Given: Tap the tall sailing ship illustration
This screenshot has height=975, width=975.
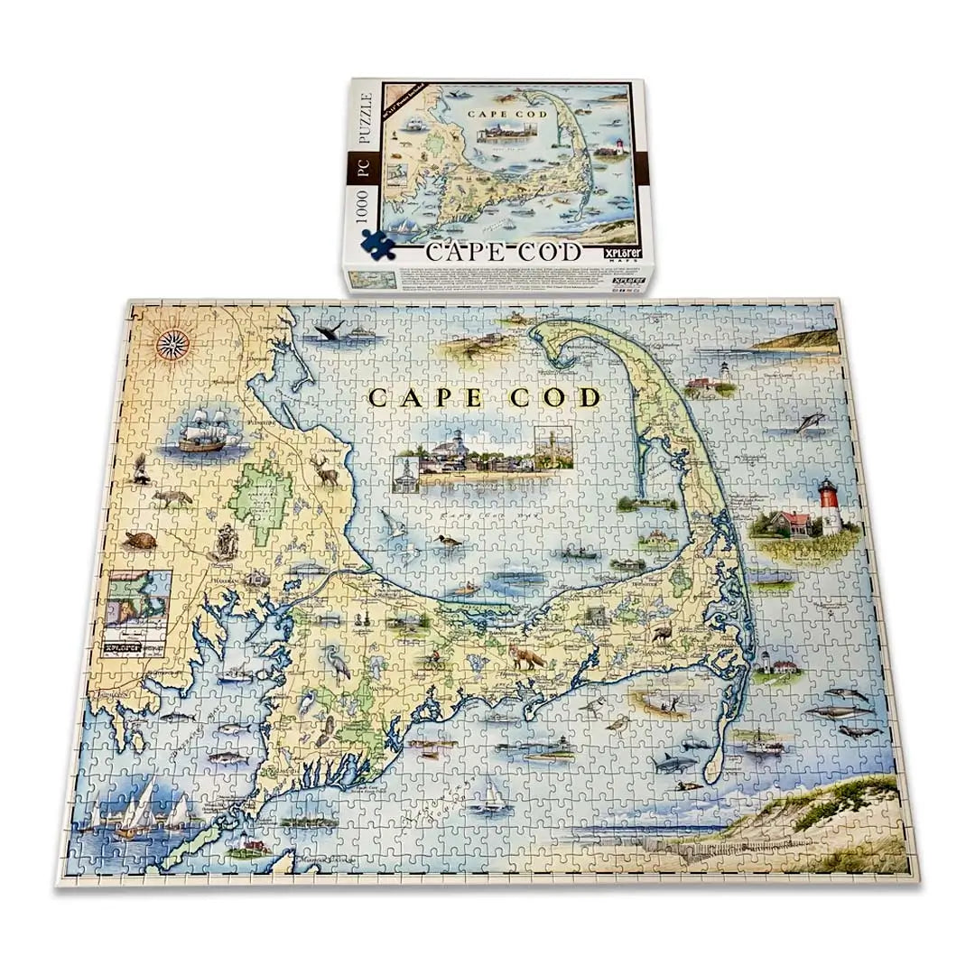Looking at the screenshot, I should tap(207, 431).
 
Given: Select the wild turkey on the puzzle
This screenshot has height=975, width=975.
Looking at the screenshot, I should tap(663, 634).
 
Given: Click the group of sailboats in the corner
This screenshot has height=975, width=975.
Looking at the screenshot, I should tap(135, 812).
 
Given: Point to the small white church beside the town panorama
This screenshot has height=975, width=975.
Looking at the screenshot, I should tap(406, 470).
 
